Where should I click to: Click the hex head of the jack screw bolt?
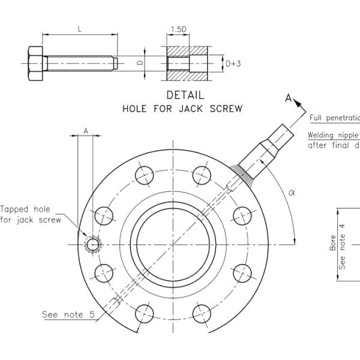click(x=37, y=62)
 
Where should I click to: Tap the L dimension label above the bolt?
click(x=80, y=28)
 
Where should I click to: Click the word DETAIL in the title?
click(x=185, y=95)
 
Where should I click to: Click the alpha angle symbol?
click(x=292, y=192)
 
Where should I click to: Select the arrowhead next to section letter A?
click(x=298, y=103)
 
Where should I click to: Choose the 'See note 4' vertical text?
click(x=343, y=246)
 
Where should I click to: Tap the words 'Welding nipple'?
click(x=333, y=135)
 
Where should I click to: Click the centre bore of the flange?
click(x=173, y=244)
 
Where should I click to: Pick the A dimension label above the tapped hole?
click(x=86, y=130)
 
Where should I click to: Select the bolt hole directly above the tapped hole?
click(x=104, y=215)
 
